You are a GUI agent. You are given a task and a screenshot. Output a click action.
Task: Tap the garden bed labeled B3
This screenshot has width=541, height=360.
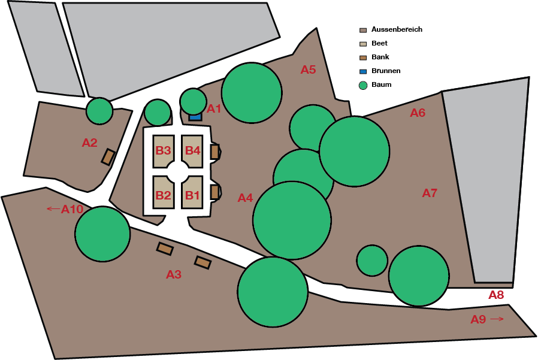click(164, 150)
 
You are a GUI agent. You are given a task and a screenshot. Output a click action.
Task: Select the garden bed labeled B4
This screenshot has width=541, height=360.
click(192, 150)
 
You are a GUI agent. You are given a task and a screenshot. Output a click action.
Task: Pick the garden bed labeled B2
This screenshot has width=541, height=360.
click(164, 194)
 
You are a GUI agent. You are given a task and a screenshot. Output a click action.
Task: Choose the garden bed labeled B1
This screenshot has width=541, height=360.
click(192, 194)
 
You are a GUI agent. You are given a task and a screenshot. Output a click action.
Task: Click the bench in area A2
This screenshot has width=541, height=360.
click(108, 157)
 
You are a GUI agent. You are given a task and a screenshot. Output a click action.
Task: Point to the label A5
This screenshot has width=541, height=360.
click(308, 69)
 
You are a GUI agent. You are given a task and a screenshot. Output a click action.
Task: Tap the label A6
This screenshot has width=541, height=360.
click(418, 113)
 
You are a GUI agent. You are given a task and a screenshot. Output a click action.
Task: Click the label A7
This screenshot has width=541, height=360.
click(430, 193)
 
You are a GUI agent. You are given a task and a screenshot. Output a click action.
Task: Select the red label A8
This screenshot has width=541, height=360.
click(496, 295)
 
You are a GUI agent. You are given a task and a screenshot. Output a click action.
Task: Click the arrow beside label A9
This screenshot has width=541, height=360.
click(497, 319)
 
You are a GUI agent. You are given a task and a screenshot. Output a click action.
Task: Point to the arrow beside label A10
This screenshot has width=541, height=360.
click(53, 208)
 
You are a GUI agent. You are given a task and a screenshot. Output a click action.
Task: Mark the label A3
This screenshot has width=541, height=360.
click(174, 275)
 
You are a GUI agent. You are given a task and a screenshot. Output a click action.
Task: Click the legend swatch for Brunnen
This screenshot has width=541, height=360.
click(363, 71)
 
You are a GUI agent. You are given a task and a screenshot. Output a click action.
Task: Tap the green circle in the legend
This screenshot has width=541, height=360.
click(363, 85)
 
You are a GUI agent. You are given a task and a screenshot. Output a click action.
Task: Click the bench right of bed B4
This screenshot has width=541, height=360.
click(214, 152)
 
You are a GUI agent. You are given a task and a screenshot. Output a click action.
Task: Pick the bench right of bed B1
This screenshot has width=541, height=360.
click(214, 192)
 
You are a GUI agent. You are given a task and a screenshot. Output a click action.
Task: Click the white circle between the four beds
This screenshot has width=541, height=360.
click(178, 172)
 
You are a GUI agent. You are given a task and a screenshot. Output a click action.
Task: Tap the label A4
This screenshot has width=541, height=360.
click(245, 198)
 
